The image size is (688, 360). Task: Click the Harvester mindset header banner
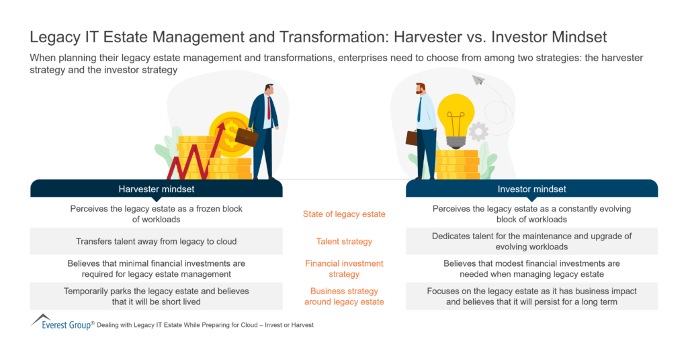click(x=156, y=189)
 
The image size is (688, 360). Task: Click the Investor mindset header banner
click(x=531, y=189)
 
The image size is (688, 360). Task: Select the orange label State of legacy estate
click(x=344, y=214)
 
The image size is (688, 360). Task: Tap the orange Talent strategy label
click(x=344, y=241)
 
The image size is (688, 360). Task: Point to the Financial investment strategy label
click(x=344, y=269)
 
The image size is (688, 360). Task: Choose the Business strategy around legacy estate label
click(x=344, y=296)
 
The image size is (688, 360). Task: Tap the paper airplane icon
click(x=478, y=81)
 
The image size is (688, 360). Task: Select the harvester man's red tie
click(x=269, y=107)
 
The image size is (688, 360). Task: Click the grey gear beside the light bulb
click(x=478, y=131)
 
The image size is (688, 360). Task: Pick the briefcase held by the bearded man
click(x=411, y=138)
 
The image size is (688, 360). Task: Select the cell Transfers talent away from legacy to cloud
click(x=156, y=241)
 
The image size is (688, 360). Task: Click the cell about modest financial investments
click(x=531, y=269)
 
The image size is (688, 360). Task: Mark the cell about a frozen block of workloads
click(x=156, y=214)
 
